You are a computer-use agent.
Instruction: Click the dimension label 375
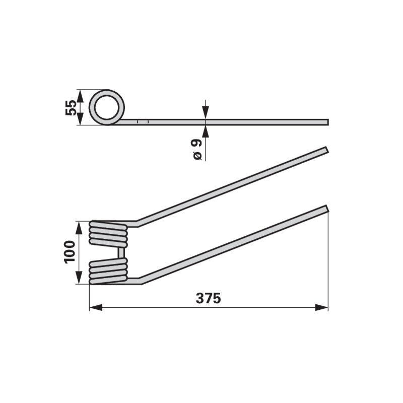click(x=208, y=298)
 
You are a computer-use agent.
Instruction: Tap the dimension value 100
click(x=70, y=252)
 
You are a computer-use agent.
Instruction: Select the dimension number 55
click(x=71, y=108)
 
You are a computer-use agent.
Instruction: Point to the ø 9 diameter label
click(x=197, y=150)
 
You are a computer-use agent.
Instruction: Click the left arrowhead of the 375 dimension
click(x=96, y=307)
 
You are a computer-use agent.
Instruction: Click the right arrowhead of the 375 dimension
click(x=321, y=307)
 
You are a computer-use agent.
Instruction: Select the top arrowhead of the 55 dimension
click(x=81, y=96)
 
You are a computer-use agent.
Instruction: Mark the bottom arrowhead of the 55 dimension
click(x=81, y=119)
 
